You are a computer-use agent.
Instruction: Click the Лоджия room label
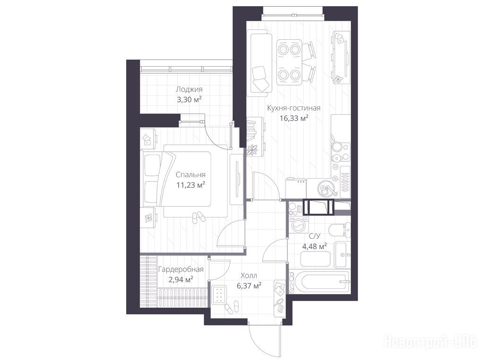click(x=189, y=89)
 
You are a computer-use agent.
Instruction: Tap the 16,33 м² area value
click(x=294, y=118)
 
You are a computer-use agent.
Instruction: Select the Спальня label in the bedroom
click(x=190, y=175)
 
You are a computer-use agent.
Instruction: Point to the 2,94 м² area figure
click(x=180, y=280)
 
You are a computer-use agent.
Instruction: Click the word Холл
click(x=249, y=276)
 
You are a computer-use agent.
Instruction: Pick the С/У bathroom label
click(x=314, y=236)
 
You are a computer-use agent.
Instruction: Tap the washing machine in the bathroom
click(x=299, y=225)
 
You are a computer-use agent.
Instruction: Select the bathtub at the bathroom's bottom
click(x=320, y=281)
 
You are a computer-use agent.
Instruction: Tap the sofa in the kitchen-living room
click(x=261, y=63)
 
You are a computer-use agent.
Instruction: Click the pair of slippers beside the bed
click(x=198, y=217)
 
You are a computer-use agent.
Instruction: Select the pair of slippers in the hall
click(x=232, y=307)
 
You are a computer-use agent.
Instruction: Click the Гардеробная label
click(x=181, y=269)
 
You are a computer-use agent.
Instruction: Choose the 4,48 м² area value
click(x=314, y=246)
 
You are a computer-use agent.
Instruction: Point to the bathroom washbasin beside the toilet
click(x=342, y=255)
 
